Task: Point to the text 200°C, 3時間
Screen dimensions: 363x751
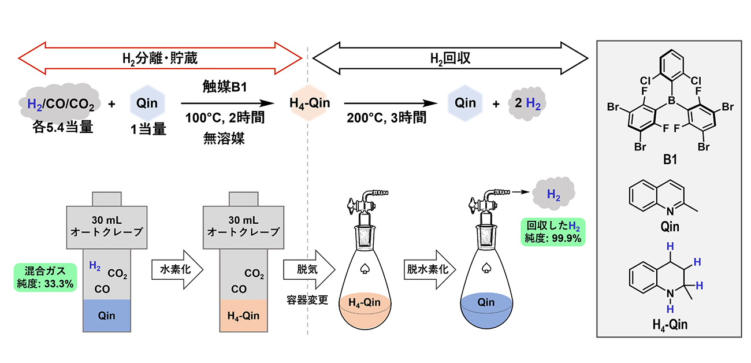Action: (387, 119)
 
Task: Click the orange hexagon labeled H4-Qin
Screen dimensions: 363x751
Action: (310, 105)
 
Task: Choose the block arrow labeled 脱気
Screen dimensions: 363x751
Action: (308, 269)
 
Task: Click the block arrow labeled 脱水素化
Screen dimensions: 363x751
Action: (428, 269)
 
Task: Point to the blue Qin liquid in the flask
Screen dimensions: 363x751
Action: (486, 307)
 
